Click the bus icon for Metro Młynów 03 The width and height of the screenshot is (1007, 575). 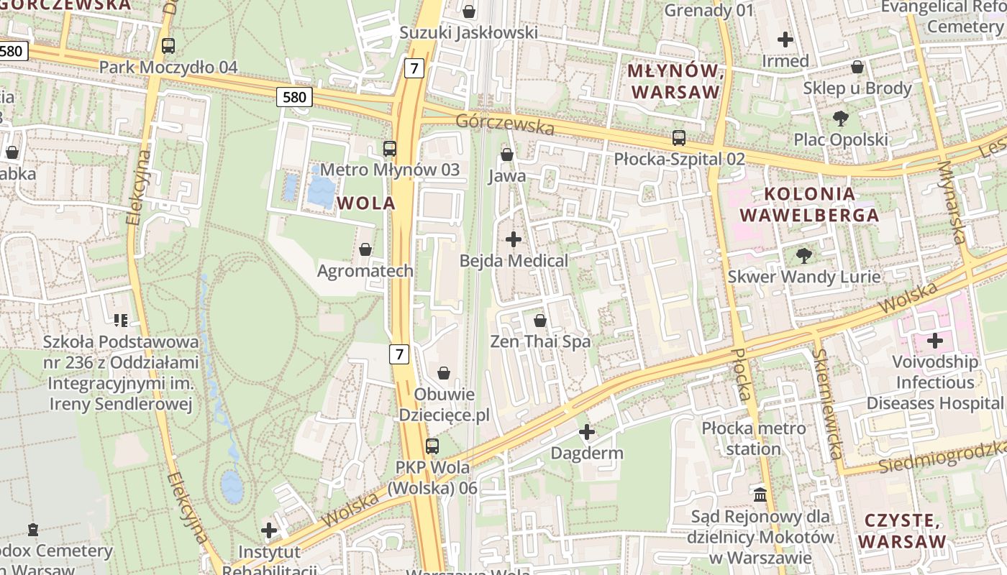390,149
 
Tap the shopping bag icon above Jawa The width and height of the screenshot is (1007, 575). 506,155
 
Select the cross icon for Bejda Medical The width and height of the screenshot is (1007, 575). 514,239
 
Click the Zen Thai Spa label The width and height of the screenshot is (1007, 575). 540,341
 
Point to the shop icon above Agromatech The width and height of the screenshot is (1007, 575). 365,249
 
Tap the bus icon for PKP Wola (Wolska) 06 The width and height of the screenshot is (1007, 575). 432,446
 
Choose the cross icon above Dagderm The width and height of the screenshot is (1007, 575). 587,432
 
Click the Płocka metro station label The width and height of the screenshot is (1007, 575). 754,439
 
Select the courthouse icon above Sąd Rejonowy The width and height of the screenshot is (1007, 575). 760,494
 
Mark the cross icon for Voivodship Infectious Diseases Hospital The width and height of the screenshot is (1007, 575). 934,340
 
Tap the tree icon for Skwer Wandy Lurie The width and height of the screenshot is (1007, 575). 803,255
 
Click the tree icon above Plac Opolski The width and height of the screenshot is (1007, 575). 840,119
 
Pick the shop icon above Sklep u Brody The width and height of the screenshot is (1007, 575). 857,67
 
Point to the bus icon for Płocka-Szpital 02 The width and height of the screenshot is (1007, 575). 678,137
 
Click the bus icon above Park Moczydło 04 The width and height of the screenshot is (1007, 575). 168,45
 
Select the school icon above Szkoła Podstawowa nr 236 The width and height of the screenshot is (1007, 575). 120,320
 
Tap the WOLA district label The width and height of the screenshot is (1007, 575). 366,203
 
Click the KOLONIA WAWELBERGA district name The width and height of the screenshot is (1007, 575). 809,204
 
